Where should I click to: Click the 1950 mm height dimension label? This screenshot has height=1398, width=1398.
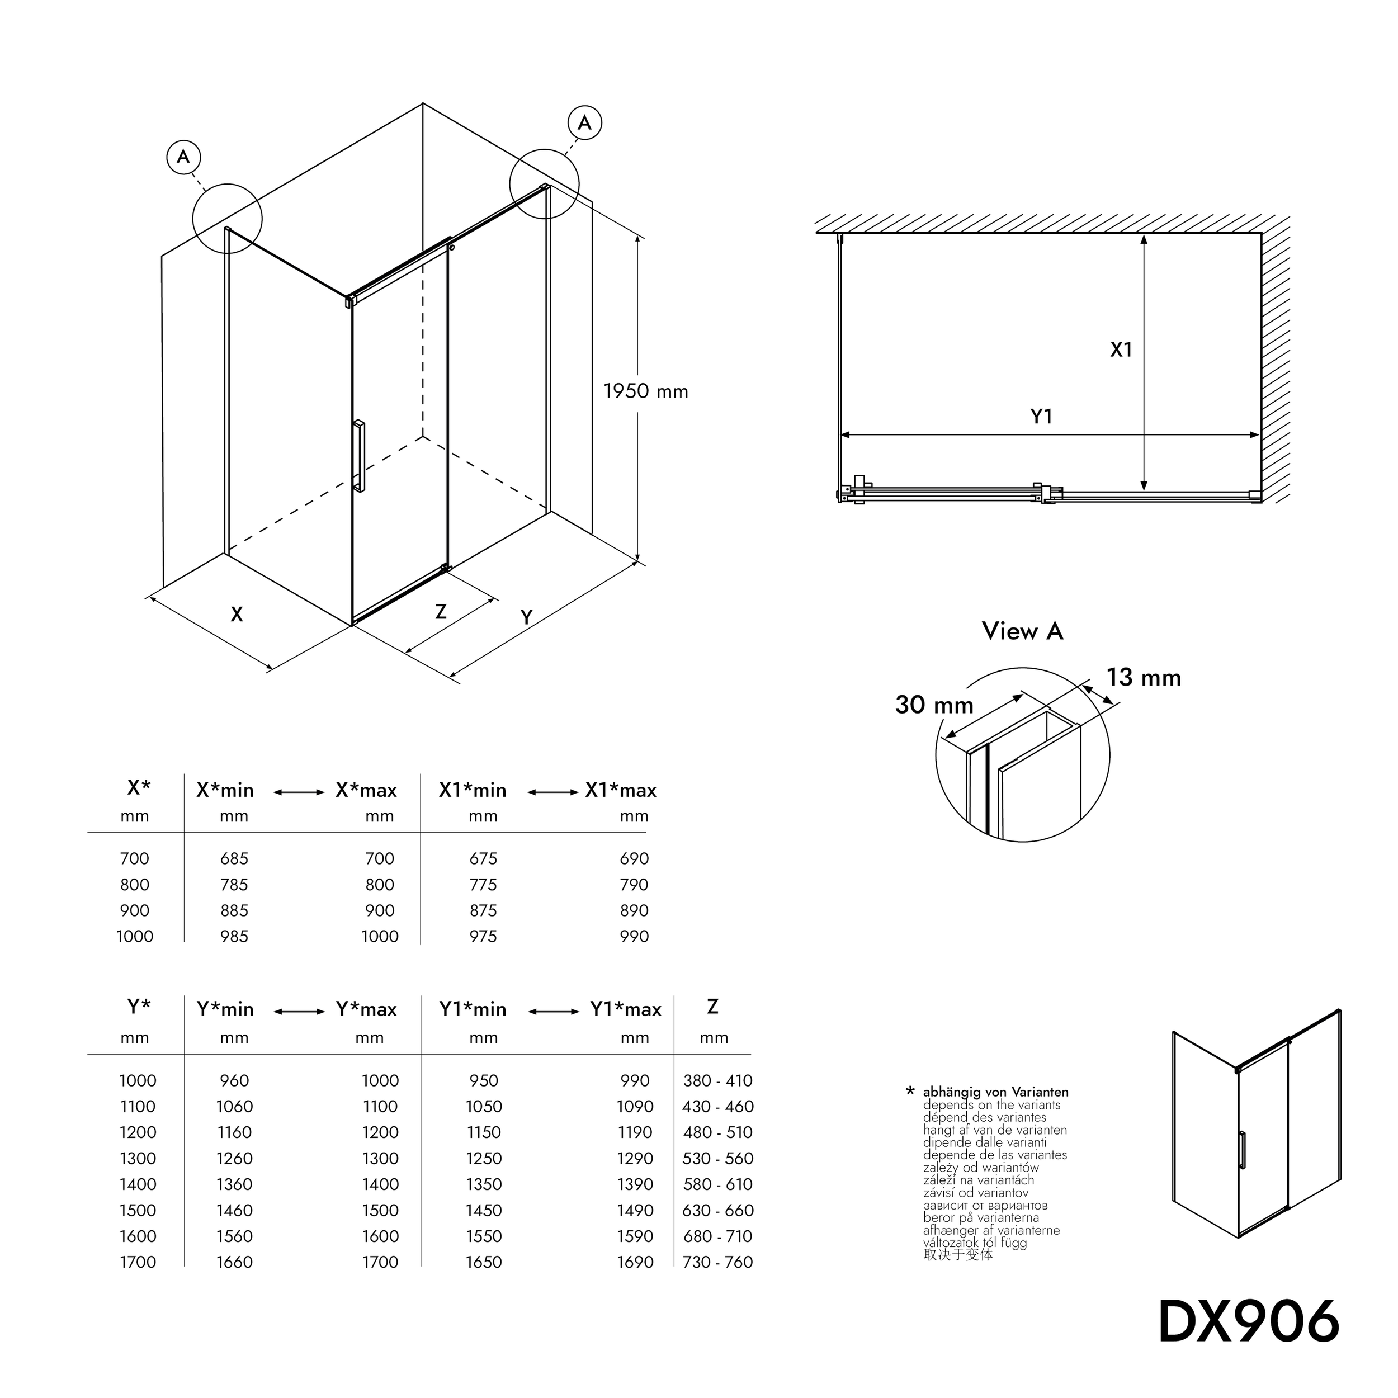[x=645, y=391]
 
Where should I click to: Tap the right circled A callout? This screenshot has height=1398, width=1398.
[x=585, y=122]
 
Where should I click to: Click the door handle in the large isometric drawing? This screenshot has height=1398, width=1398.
[x=359, y=456]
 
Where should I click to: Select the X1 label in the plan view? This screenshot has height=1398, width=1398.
[x=1121, y=350]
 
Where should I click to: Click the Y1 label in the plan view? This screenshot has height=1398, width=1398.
[x=1041, y=417]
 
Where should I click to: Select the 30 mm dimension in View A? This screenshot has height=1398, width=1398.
[x=934, y=705]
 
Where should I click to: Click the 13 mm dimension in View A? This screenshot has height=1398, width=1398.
[x=1144, y=678]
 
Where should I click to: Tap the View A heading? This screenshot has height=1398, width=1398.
[x=1022, y=631]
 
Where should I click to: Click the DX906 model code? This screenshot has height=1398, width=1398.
[x=1248, y=1322]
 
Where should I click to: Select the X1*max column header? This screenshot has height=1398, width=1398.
[x=621, y=790]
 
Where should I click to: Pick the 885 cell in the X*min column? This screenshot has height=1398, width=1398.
[x=234, y=910]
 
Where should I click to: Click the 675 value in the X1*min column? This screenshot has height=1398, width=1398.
[x=483, y=858]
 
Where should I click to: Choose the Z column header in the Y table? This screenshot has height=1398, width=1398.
[x=713, y=1007]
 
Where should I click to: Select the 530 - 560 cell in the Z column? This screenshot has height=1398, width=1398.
[x=718, y=1159]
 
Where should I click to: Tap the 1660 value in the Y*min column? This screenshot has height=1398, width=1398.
[x=234, y=1262]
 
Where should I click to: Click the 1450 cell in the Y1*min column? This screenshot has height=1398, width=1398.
[x=483, y=1211]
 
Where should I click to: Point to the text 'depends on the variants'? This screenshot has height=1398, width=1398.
[x=991, y=1105]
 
